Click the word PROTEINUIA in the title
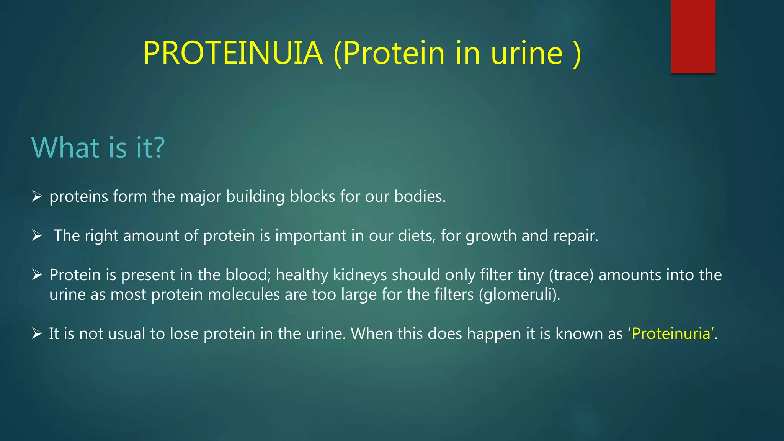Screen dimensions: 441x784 233,53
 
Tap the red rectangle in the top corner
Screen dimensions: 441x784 693,36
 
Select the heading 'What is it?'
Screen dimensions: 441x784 98,147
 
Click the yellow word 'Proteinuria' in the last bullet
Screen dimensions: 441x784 671,334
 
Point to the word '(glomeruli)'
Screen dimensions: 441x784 519,295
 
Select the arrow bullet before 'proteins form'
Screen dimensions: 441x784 37,196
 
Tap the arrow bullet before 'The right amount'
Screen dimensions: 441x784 37,235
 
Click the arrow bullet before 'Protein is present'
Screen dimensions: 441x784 37,274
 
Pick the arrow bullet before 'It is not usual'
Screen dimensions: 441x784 37,333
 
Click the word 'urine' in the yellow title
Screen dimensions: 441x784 527,53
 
